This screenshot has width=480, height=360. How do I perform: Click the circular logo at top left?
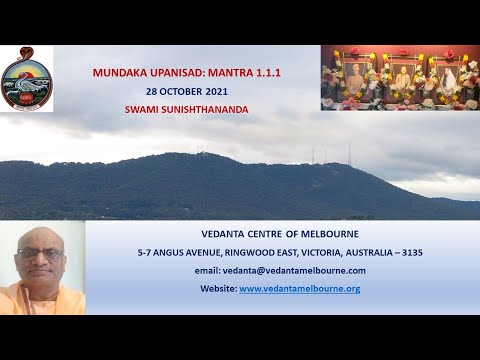tap(26, 79)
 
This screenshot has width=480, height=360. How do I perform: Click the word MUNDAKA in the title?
tap(116, 73)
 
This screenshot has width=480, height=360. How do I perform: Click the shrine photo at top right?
tap(399, 77)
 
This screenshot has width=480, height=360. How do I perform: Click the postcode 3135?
tap(411, 253)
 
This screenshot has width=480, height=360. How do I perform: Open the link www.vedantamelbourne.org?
tap(299, 288)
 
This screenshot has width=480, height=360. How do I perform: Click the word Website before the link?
tap(219, 288)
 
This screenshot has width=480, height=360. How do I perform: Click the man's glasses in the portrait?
tap(41, 253)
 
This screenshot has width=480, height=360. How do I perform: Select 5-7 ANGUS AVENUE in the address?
tap(174, 253)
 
